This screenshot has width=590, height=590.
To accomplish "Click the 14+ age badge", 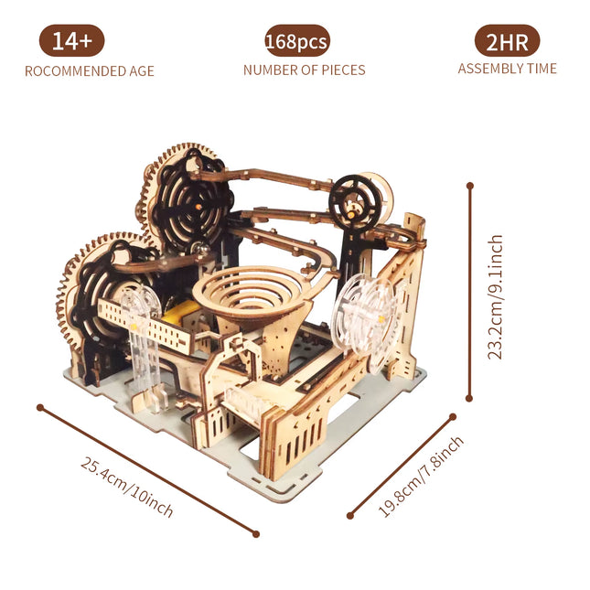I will (x=71, y=41).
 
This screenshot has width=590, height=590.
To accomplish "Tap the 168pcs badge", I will (x=296, y=41).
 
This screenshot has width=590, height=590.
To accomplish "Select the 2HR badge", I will (x=507, y=41).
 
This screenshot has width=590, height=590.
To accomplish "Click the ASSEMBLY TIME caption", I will (x=507, y=69).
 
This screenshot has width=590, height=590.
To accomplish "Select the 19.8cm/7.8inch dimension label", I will (x=421, y=476).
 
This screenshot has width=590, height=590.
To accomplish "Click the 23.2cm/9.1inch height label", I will (x=495, y=296).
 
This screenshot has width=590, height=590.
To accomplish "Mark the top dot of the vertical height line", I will (x=470, y=185).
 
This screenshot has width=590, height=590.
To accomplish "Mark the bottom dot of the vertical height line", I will (x=470, y=399).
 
